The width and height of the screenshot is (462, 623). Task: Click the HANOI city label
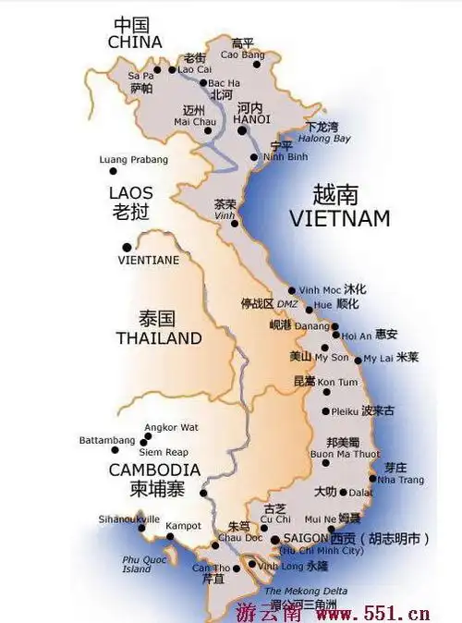point(252,119)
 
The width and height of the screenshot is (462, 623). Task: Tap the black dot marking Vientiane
point(126,247)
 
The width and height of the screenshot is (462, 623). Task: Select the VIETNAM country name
point(339,219)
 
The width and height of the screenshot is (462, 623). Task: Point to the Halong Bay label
point(329,139)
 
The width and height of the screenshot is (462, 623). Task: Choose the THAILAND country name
point(159,338)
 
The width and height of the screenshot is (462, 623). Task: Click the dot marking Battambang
point(115,450)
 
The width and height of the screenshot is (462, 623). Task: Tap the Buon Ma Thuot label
point(345,455)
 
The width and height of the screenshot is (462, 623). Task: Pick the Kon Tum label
point(337,382)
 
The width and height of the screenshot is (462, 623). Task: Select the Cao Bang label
point(241,55)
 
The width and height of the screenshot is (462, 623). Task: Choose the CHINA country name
point(135,42)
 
